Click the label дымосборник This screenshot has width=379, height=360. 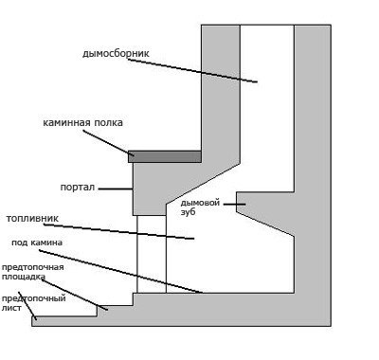(x=116, y=53)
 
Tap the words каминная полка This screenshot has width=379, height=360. (x=82, y=122)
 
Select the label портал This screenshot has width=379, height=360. (x=78, y=188)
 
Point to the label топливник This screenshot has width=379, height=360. (x=32, y=218)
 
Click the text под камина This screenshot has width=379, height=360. (x=37, y=243)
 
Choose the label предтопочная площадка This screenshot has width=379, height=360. (x=33, y=272)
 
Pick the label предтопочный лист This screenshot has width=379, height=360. (x=33, y=303)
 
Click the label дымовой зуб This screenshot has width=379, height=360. (x=200, y=207)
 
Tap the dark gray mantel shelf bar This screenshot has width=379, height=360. (x=165, y=156)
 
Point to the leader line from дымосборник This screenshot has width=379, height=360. (x=192, y=71)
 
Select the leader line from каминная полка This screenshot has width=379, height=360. (x=109, y=143)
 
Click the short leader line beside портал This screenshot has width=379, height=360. (x=116, y=189)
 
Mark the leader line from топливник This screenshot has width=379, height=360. (x=118, y=231)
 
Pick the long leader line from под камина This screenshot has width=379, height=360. (x=120, y=272)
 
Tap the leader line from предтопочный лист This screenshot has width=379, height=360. (x=27, y=306)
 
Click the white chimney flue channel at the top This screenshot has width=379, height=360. (x=267, y=108)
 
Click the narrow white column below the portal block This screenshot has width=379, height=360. (x=152, y=254)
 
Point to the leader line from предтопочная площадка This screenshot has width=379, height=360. (x=75, y=295)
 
